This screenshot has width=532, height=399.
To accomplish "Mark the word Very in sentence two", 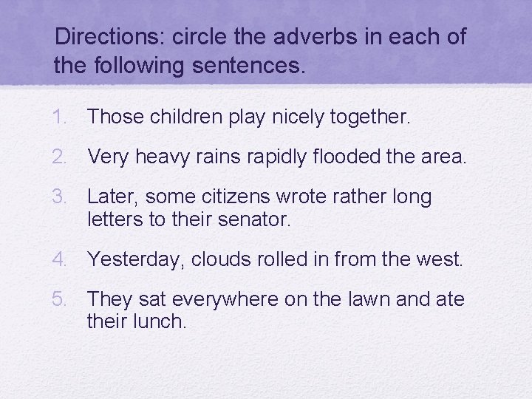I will pyautogui.click(x=107, y=157).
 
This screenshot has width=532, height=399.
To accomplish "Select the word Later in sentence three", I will pyautogui.click(x=113, y=197).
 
